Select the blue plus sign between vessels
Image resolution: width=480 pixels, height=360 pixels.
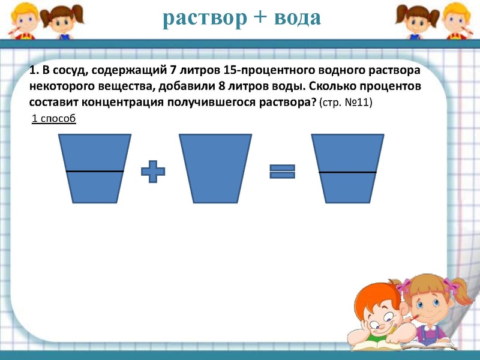pos(153,172)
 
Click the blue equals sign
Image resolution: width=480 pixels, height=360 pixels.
pos(281,172)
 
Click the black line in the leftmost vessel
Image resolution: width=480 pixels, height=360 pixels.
pos(94,172)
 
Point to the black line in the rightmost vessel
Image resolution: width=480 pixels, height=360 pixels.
pos(347,173)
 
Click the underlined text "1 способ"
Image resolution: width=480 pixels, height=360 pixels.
pos(53,118)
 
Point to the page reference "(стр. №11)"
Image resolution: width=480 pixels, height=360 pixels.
pos(346,102)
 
